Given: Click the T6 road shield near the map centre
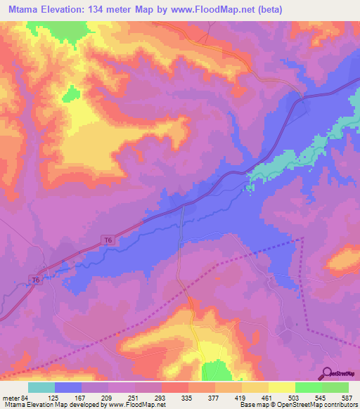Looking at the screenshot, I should click(108, 240).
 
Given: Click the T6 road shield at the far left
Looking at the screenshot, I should click(35, 280).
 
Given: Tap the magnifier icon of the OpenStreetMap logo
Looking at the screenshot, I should click(328, 374).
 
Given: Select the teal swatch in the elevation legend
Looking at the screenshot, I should click(41, 387).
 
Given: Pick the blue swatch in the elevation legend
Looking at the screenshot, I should click(68, 387).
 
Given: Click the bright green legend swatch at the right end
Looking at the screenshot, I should click(335, 387).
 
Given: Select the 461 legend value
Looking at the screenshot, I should click(266, 398).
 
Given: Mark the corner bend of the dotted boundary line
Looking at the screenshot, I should click(303, 239).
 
